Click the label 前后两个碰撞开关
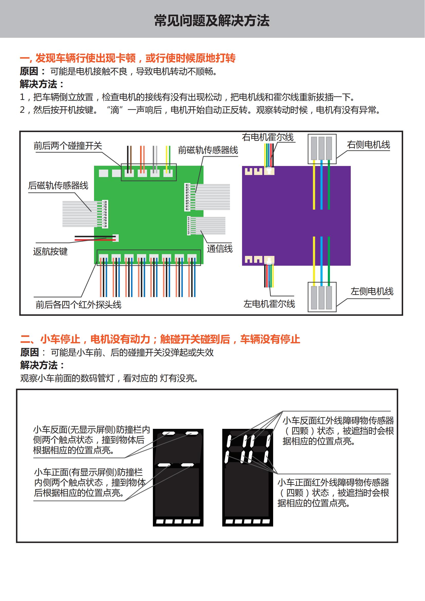[x=68, y=146]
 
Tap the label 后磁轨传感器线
[x=58, y=186]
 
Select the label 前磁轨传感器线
[x=208, y=150]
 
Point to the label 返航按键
[x=50, y=252]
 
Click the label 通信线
[x=219, y=249]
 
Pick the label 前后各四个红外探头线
[x=79, y=305]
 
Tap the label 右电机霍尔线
[x=268, y=137]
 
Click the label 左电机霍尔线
[x=269, y=304]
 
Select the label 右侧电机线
[x=368, y=144]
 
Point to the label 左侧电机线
[x=372, y=291]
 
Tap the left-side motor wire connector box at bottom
[x=322, y=297]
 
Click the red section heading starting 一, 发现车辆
[x=128, y=58]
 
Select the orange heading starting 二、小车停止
[x=160, y=339]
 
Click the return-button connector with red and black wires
[x=115, y=238]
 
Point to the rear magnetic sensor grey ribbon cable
[x=79, y=214]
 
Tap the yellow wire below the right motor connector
[x=314, y=186]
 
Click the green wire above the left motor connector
[x=329, y=259]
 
